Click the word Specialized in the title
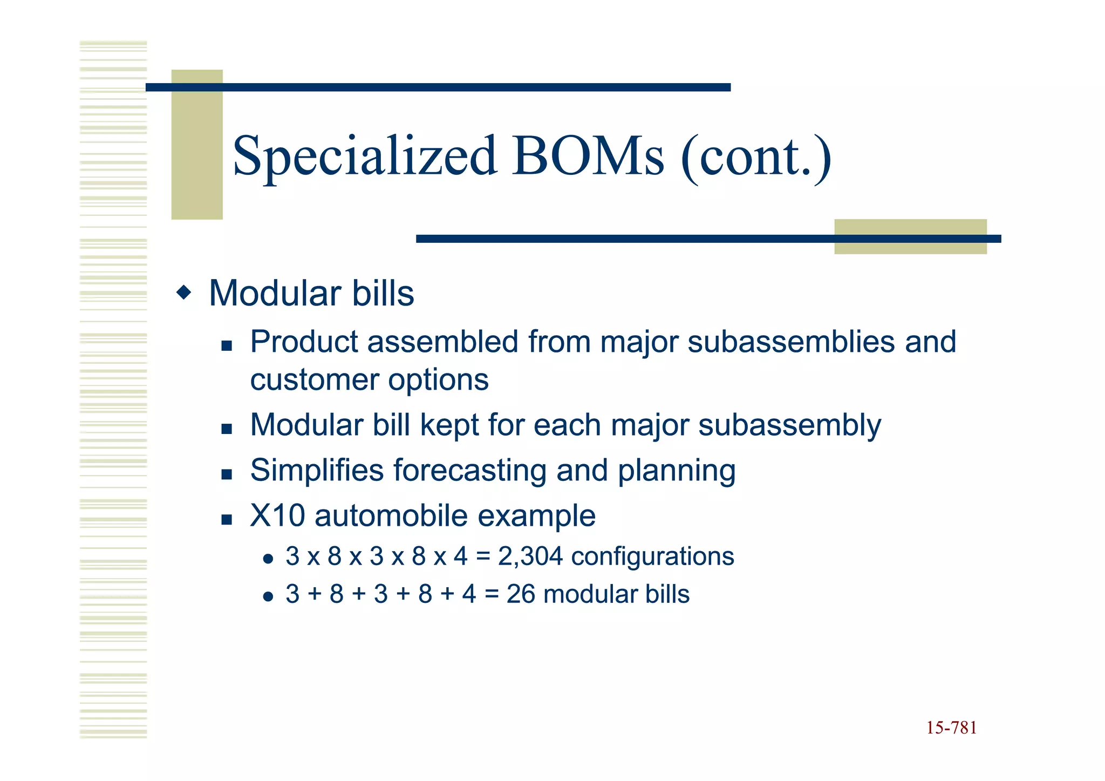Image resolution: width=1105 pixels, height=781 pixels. click(364, 157)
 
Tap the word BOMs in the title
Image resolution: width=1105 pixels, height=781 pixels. click(588, 157)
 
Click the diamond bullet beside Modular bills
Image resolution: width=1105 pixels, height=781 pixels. click(184, 293)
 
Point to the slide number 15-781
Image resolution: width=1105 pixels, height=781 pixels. click(951, 728)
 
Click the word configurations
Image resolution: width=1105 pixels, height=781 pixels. click(652, 556)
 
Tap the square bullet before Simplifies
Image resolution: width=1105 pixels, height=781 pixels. click(227, 474)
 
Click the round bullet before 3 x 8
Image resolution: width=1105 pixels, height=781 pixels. click(268, 559)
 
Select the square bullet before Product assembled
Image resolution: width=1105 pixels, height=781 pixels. click(227, 346)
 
